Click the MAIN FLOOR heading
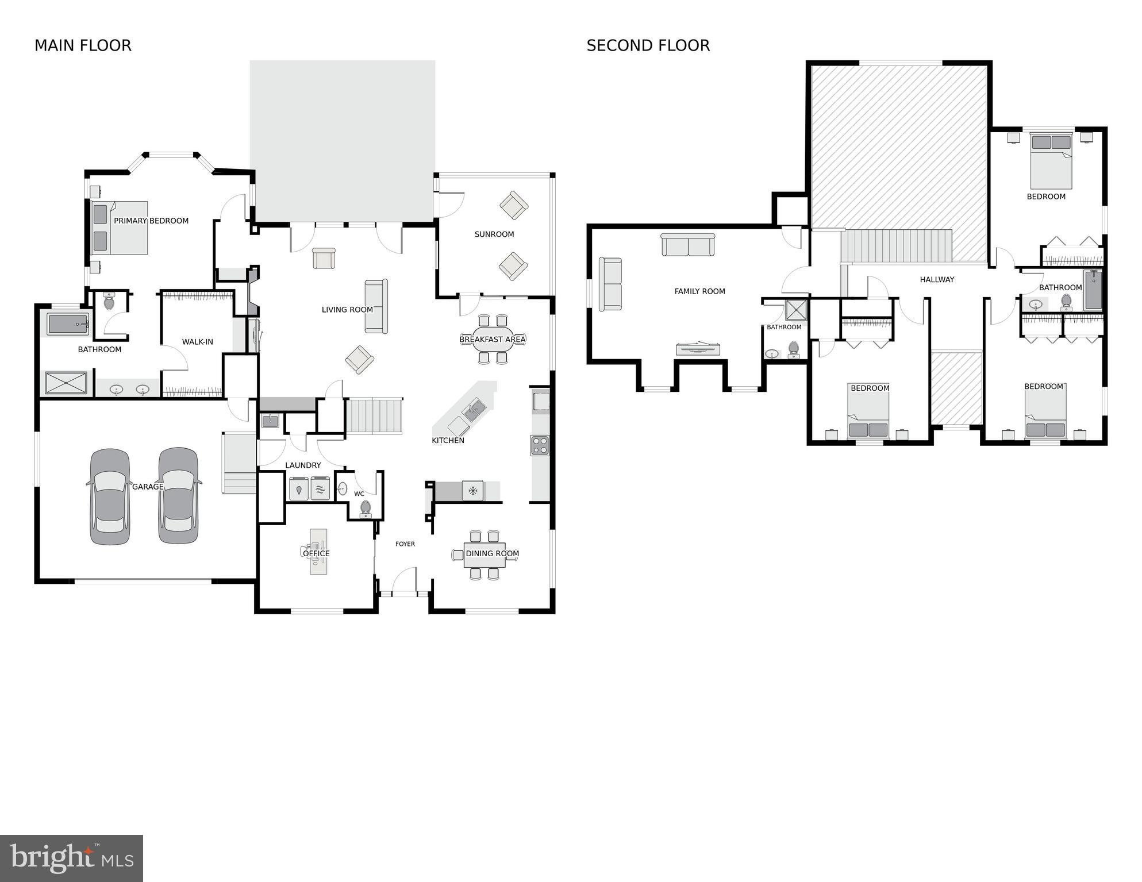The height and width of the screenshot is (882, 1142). (83, 45)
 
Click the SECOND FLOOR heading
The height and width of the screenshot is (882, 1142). (648, 45)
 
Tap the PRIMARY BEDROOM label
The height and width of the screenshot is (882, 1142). (151, 221)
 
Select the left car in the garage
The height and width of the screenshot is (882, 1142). (110, 497)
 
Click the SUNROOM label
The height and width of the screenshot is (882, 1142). (494, 234)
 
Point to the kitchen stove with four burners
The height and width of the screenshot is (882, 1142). (539, 445)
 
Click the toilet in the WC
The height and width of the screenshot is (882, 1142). (366, 509)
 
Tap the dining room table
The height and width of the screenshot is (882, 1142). (484, 555)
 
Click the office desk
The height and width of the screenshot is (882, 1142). (318, 552)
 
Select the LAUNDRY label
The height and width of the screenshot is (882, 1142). (303, 465)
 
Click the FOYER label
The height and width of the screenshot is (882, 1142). (405, 544)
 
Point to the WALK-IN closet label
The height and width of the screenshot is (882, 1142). (197, 342)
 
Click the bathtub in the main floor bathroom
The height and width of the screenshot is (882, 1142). (68, 325)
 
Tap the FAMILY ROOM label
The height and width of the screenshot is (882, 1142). (699, 291)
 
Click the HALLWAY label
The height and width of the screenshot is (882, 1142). (936, 279)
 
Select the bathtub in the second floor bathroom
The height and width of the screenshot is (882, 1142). (1093, 290)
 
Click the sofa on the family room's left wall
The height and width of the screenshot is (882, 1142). (610, 284)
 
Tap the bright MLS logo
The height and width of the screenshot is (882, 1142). (71, 858)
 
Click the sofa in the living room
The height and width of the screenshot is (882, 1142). (376, 306)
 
